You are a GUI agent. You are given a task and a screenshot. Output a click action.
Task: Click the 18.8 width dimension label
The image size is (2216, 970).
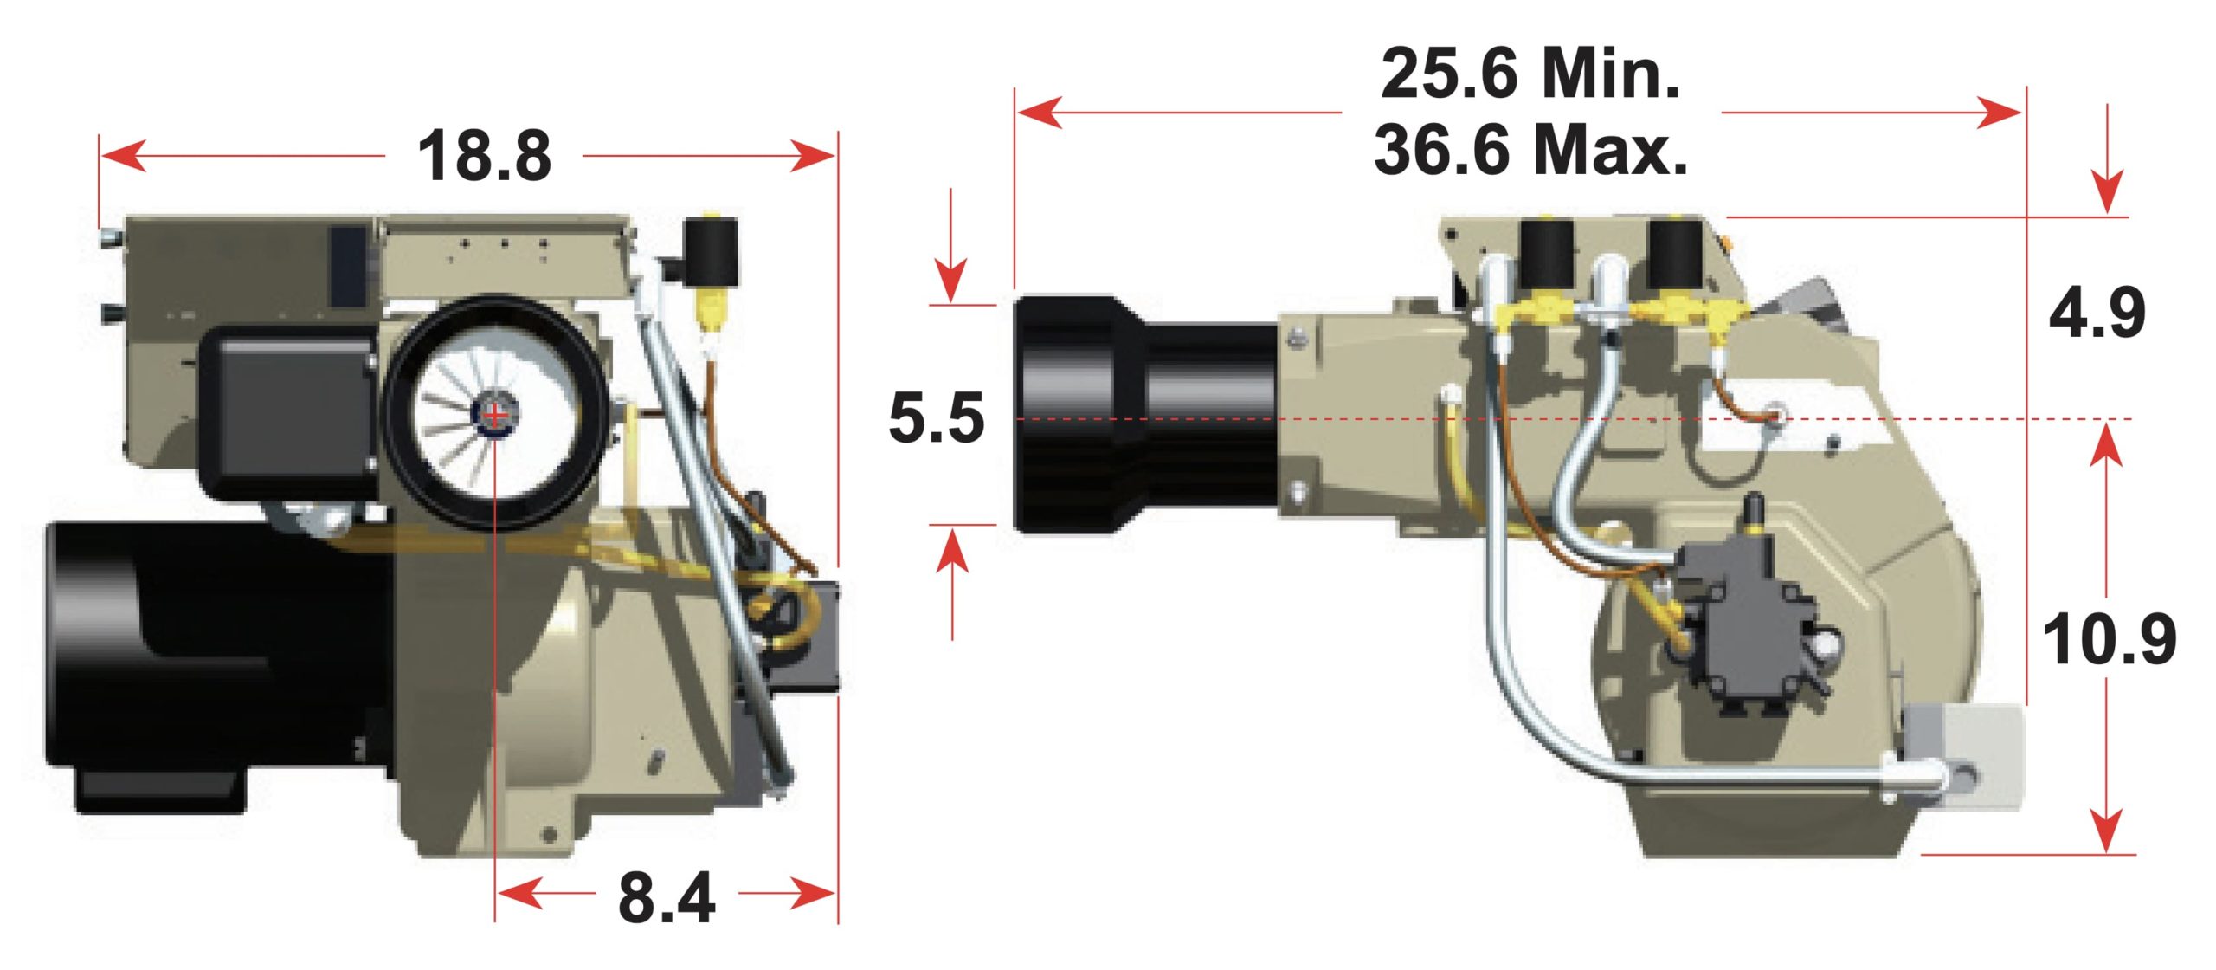coord(484,157)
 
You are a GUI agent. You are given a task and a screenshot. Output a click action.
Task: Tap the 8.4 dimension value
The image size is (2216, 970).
coord(666,898)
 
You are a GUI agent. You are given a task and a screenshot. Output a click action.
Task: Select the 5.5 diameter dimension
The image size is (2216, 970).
coord(937,418)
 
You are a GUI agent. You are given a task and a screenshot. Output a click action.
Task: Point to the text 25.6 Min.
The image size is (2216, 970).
coord(1530,74)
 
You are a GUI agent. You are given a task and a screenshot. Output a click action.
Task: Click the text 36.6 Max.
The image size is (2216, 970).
coord(1530,150)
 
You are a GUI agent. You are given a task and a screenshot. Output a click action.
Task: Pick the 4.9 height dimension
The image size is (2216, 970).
coord(2097,313)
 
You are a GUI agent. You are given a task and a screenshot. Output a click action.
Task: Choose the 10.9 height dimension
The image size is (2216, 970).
coord(2109,640)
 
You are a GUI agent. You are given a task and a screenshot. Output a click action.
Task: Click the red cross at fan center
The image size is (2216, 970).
coord(495,416)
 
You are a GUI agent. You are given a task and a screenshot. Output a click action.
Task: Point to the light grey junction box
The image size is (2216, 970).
coord(1965,753)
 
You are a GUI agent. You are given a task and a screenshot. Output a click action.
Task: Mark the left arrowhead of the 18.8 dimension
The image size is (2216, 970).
coord(121,157)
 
